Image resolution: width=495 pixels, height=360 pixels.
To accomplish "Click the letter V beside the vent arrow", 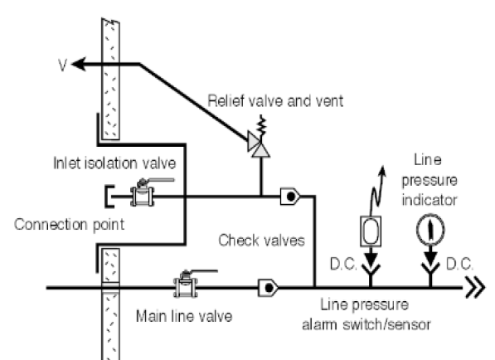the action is click(x=63, y=65).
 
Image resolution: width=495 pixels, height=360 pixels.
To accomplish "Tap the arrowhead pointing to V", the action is click(x=79, y=64).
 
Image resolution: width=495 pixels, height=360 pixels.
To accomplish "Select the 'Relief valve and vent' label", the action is click(x=275, y=101).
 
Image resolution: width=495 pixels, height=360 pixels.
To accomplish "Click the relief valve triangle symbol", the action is click(x=259, y=146).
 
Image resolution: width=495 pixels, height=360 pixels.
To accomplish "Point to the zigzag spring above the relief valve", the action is click(x=262, y=124).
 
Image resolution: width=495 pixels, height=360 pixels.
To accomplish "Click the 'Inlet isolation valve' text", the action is click(x=114, y=163).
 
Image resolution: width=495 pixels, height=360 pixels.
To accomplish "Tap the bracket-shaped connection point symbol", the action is click(x=109, y=197).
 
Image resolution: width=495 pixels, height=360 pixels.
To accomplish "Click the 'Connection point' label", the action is click(x=70, y=225).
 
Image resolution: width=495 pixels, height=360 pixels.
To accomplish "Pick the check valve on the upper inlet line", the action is click(x=290, y=197).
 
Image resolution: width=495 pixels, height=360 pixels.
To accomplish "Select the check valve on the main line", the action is click(x=268, y=288).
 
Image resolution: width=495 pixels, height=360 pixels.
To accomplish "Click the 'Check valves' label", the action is click(x=261, y=241).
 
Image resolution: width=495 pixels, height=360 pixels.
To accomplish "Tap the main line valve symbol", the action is click(x=187, y=285).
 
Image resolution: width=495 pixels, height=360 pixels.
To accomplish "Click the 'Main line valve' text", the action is click(x=184, y=316).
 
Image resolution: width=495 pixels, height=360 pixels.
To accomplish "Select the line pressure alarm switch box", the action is click(x=371, y=231).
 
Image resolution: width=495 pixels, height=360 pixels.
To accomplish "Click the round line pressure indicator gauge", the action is click(x=430, y=230).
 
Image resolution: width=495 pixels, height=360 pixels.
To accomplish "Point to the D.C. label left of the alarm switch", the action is click(x=343, y=264).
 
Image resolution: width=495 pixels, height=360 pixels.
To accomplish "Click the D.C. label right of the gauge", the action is click(x=459, y=264).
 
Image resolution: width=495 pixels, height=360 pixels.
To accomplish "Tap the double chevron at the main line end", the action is click(x=475, y=288).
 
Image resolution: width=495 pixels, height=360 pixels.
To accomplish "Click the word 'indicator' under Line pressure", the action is click(x=429, y=200).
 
